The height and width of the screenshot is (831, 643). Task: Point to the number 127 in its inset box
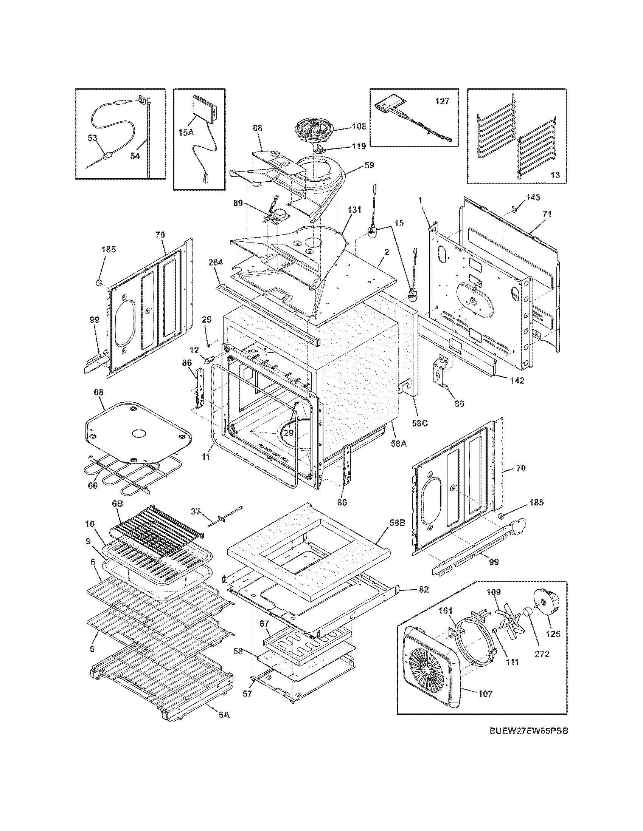click(442, 101)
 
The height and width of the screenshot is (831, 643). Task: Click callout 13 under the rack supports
click(555, 175)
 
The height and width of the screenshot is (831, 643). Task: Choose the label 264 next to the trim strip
click(215, 263)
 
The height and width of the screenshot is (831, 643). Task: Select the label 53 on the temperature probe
click(93, 138)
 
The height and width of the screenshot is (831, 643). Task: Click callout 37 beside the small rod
click(196, 512)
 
